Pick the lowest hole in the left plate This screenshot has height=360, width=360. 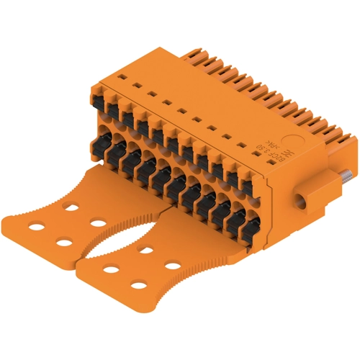[63, 240]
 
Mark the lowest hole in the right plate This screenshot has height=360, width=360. [139, 287]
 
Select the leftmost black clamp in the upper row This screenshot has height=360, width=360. [101, 108]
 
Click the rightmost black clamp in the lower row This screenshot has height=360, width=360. [246, 216]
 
